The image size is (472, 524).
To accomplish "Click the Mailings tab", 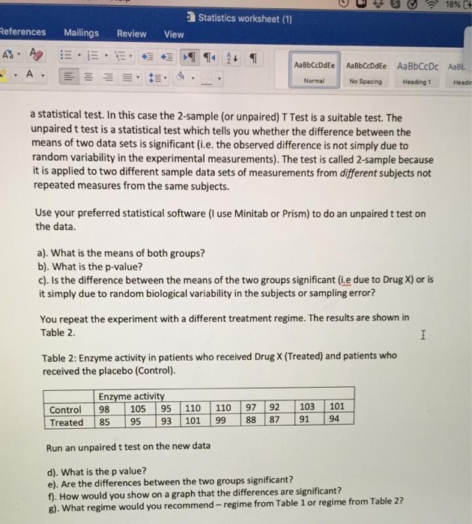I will tap(81, 33).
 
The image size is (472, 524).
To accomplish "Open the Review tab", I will tap(132, 34).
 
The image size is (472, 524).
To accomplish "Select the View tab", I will tap(174, 34).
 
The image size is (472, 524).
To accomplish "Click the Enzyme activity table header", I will tap(131, 396).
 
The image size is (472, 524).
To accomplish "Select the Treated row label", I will tap(67, 422).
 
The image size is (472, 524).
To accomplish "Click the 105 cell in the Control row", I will tap(138, 409).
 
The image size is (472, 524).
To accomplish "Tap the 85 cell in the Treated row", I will tap(106, 422).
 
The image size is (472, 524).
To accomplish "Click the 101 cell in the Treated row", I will tap(193, 422).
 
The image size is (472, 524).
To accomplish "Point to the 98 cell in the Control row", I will tap(106, 409).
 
